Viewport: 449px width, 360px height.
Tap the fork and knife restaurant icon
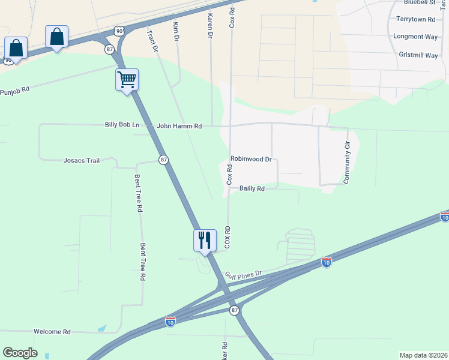tap(204, 240)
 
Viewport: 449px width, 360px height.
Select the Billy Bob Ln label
tap(122, 125)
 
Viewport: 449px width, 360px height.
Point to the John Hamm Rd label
tap(179, 126)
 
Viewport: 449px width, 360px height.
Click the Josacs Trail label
tap(81, 160)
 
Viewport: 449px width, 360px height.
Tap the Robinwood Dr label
tap(251, 160)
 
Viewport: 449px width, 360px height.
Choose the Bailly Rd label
tap(252, 188)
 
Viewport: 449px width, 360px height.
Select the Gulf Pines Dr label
tap(244, 275)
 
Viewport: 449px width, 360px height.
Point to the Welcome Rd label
tap(52, 332)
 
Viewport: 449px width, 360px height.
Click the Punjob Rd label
tap(14, 92)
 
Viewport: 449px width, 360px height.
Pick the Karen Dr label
tap(210, 27)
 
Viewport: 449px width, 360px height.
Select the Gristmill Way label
tap(418, 55)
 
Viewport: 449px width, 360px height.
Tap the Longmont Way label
tap(415, 36)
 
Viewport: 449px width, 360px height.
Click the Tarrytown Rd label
tap(415, 19)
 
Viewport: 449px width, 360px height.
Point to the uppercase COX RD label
tap(228, 238)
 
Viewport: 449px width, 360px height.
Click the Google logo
tap(20, 353)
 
